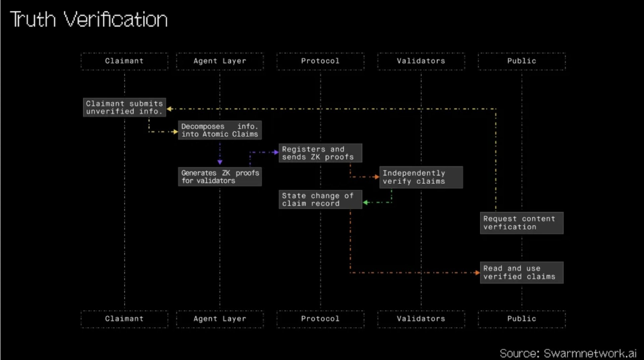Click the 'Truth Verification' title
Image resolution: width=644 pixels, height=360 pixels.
pos(89,19)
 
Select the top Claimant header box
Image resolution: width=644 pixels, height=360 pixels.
pos(124,61)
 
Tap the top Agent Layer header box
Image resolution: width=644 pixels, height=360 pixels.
pos(220,61)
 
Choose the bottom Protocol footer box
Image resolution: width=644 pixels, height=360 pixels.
pos(320,319)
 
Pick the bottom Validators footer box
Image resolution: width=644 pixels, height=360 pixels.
pos(421,319)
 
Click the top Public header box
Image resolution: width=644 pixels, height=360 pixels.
pos(522,61)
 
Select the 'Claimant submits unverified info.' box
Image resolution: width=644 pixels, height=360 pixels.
pos(124,107)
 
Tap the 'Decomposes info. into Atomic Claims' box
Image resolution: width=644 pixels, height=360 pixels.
pos(220,130)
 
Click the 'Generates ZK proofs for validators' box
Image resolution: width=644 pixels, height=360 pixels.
pos(220,177)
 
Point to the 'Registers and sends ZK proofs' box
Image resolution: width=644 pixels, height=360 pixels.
pos(320,153)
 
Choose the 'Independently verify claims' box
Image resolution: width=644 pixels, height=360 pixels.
pos(421,177)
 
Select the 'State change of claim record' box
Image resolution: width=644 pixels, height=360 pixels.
pos(320,199)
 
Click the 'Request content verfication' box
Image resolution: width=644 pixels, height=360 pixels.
pos(522,223)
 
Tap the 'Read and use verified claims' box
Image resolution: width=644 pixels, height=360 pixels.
pos(522,273)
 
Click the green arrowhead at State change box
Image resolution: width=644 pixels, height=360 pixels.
pos(366,202)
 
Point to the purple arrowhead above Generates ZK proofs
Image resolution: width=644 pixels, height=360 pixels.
pos(220,162)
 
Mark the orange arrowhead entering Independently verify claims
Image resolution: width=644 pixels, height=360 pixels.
pos(377,177)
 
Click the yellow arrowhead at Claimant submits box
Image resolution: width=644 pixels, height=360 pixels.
pos(169,109)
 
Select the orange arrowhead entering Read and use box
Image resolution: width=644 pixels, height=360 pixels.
pos(477,273)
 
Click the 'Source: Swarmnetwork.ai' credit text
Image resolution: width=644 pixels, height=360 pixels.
pos(568,353)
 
